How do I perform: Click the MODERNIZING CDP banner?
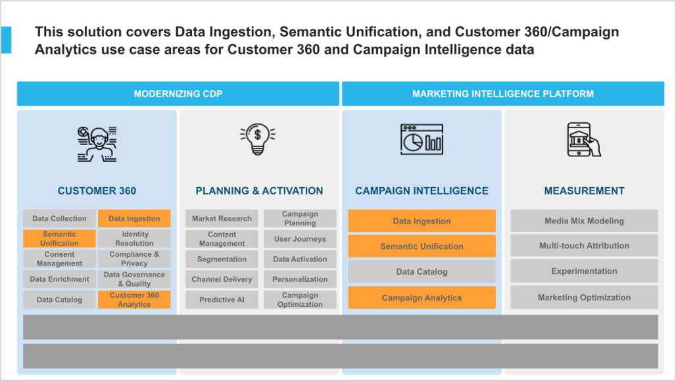click(178, 93)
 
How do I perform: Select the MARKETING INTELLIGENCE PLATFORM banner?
click(502, 93)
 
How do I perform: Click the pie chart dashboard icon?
click(422, 139)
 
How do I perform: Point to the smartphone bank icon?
click(584, 139)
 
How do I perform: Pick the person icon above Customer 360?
click(97, 144)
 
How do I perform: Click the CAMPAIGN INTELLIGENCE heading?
click(422, 190)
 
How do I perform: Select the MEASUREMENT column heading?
click(584, 190)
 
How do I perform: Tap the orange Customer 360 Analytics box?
click(135, 300)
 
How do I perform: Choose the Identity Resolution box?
click(135, 238)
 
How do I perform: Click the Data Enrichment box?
click(59, 279)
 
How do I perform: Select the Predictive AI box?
click(222, 300)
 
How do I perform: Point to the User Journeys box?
click(300, 238)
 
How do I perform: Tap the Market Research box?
click(222, 218)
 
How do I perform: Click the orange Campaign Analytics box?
click(422, 298)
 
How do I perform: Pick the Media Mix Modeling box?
click(584, 221)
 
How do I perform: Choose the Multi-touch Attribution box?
click(584, 246)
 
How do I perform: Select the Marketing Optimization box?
click(584, 298)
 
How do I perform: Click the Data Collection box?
click(59, 218)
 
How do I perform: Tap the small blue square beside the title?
click(6, 40)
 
